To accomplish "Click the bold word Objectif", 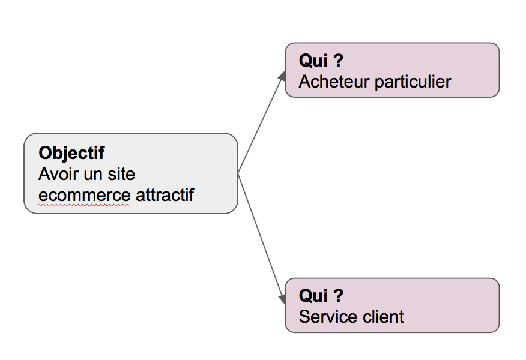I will coord(71,153).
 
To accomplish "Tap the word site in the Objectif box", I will coord(121,174).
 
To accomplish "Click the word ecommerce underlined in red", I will coord(84,196).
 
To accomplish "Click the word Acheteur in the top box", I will coord(330,82).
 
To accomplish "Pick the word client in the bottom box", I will coord(382,317).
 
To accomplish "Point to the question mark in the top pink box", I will coord(338,61).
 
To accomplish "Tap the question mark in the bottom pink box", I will coord(338,296).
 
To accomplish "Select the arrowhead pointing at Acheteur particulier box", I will coord(283,75).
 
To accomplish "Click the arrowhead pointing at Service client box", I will coord(283,298).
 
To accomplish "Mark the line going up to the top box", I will coord(261,124).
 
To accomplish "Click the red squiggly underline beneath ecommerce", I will coord(84,205).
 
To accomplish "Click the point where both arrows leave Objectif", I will coord(238,173).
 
